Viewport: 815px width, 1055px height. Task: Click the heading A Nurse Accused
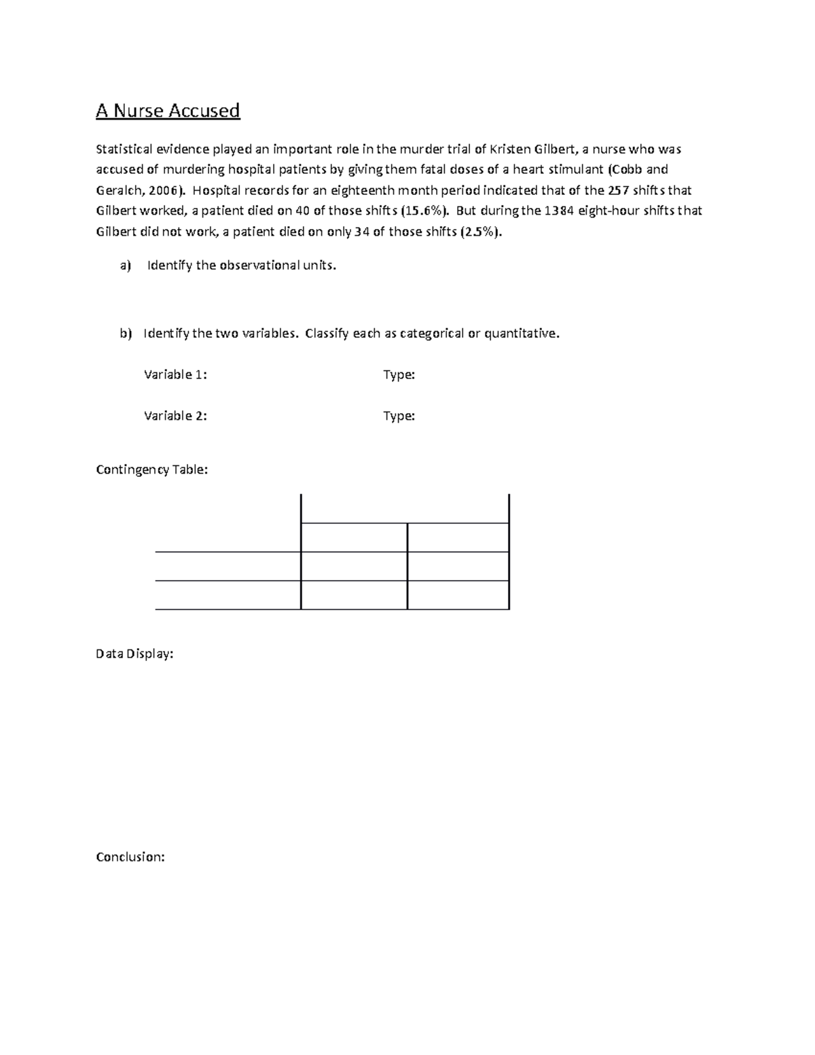(x=168, y=111)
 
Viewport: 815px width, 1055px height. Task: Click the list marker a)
(x=125, y=266)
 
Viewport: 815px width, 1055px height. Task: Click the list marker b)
(x=125, y=334)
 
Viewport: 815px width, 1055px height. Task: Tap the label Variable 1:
(x=175, y=375)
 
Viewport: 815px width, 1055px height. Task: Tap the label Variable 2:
(x=175, y=416)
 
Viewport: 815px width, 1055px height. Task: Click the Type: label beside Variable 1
(x=399, y=375)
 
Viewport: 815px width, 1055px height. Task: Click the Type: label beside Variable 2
(x=399, y=416)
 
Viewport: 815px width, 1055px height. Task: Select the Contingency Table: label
(x=151, y=469)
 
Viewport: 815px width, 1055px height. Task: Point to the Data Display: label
(x=134, y=654)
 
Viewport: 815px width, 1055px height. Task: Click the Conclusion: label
(x=130, y=857)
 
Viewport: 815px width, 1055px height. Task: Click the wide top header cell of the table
(x=404, y=509)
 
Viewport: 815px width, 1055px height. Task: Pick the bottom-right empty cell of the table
(x=458, y=595)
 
